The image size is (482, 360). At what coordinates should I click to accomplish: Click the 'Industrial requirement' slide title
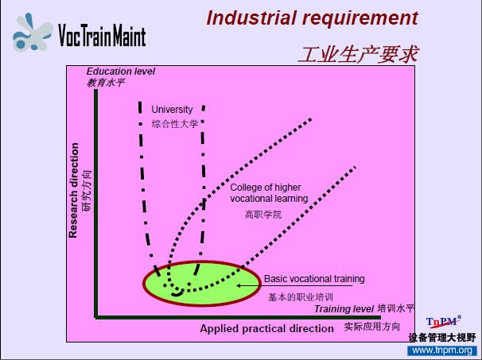tap(313, 18)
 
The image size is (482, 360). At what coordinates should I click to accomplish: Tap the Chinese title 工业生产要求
tap(359, 54)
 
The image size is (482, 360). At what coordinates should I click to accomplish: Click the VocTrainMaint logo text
tap(102, 35)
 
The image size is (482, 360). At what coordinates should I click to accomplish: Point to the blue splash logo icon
tap(32, 33)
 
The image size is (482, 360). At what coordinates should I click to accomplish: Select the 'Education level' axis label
tap(121, 72)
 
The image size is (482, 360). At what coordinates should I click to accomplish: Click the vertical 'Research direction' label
tap(73, 190)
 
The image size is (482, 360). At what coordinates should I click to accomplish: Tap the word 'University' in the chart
tap(172, 110)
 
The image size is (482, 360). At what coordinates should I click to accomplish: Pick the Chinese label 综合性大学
tap(174, 124)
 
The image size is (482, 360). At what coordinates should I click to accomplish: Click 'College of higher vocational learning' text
tap(269, 193)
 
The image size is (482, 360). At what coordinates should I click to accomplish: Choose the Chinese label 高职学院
tap(263, 214)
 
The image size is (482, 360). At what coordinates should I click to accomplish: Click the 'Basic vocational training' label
tap(314, 279)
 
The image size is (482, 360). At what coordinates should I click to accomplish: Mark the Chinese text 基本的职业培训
tap(301, 297)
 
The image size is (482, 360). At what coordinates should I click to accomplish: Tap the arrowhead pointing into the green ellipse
tap(239, 285)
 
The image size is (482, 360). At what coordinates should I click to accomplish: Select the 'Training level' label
tap(344, 309)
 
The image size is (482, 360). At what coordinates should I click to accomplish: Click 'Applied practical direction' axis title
tap(266, 329)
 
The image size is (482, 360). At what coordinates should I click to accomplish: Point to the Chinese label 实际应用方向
tap(372, 327)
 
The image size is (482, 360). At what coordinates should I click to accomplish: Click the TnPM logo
tap(443, 322)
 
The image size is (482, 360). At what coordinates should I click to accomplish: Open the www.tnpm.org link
tap(442, 350)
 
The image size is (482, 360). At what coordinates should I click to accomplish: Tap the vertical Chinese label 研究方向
tap(87, 191)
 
